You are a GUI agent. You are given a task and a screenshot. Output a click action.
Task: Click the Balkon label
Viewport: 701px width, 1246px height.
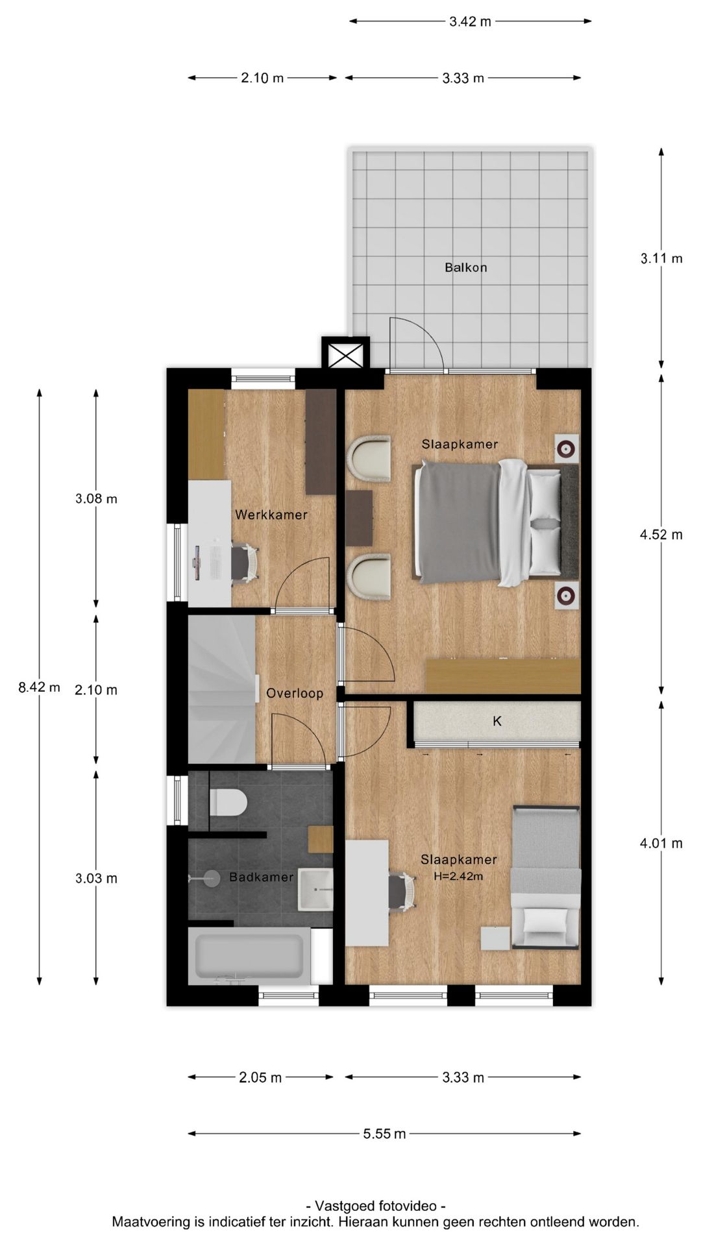click(465, 267)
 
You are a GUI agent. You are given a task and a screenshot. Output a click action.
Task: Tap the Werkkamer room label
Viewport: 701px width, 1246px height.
click(271, 515)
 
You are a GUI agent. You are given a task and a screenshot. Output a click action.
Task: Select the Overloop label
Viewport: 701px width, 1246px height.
click(295, 693)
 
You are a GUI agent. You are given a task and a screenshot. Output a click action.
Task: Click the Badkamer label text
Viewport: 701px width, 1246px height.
click(262, 877)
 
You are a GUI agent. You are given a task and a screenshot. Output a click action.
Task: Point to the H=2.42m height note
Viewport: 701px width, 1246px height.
click(458, 876)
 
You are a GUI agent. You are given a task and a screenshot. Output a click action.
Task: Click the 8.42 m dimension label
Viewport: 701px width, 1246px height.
click(39, 687)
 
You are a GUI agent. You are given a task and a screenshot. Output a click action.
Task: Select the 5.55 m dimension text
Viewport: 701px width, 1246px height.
click(384, 1134)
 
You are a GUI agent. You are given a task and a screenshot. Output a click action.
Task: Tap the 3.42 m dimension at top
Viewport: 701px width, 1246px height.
click(471, 21)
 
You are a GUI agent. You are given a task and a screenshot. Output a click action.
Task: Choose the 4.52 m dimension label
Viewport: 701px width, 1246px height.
click(661, 535)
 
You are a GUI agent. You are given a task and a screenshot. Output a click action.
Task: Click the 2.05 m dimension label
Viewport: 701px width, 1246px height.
click(260, 1078)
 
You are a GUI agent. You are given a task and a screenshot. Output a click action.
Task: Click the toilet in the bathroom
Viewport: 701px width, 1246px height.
click(228, 802)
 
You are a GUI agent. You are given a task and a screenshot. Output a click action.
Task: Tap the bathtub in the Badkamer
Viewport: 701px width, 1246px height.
click(250, 956)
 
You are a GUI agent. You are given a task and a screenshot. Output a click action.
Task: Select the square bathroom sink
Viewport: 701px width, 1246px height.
click(315, 889)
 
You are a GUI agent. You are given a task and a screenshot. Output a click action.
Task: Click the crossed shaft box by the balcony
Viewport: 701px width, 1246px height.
click(346, 354)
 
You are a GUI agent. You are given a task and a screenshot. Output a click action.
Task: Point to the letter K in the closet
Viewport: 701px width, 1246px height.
click(497, 721)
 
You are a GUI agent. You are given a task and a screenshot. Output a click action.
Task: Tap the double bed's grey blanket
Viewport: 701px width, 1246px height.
click(458, 522)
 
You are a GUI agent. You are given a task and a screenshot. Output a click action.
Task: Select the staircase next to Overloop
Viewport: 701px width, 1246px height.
click(221, 689)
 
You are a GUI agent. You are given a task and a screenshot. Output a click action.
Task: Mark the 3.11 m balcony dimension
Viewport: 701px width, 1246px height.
click(661, 258)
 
